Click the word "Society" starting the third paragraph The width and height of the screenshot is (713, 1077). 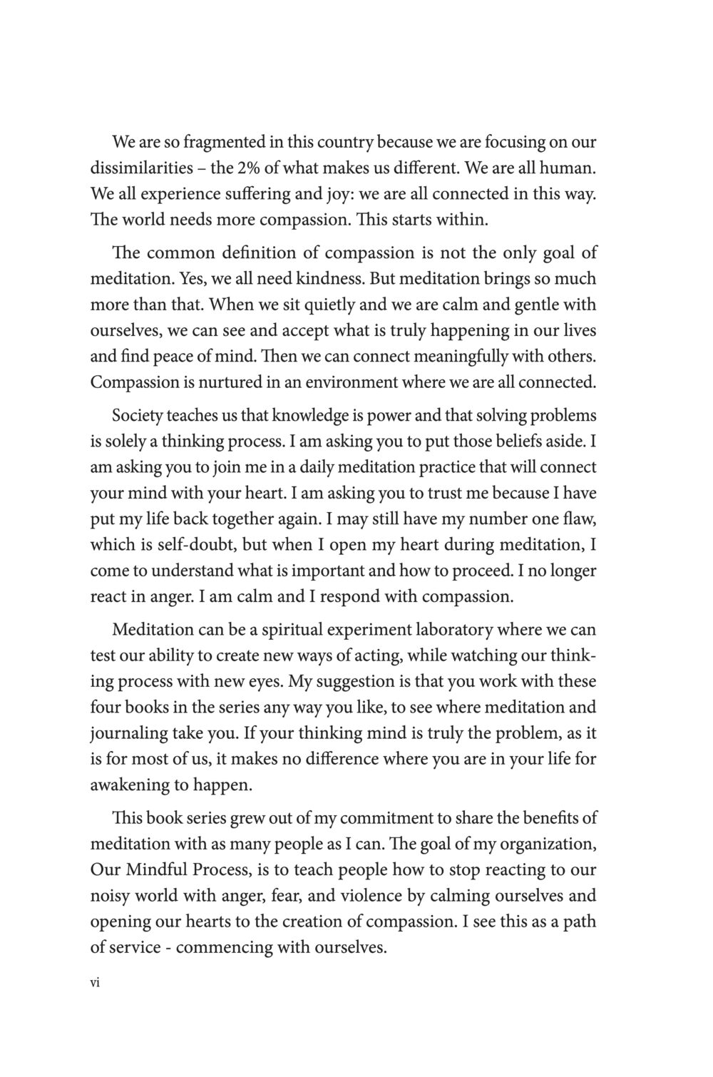pos(139,415)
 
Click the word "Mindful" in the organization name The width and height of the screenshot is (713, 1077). pos(155,869)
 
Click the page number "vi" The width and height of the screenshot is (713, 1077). pos(95,983)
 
